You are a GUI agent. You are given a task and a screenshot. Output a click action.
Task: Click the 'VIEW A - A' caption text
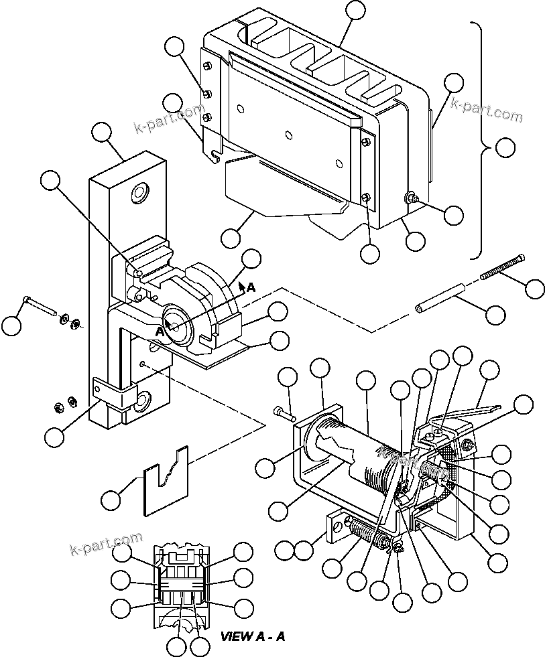point(253,636)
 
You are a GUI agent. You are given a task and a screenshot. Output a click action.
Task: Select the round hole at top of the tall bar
point(141,194)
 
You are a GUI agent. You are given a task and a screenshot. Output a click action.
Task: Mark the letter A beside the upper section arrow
point(251,287)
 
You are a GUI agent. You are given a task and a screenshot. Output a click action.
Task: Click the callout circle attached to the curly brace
point(506,148)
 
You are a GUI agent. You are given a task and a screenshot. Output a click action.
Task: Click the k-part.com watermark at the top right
point(486,109)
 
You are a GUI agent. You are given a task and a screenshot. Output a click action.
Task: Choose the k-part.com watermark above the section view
point(106,542)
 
